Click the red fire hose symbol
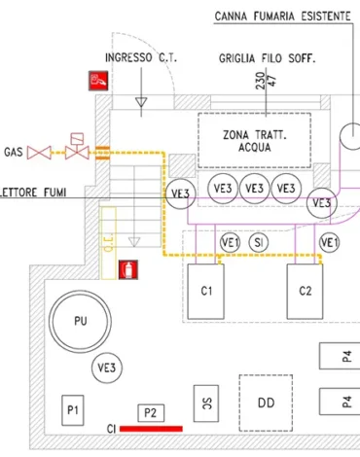tap(98, 82)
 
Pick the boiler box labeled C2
tap(306, 291)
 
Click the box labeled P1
tap(72, 412)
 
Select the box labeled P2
tap(150, 413)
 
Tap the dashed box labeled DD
tap(265, 401)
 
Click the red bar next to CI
tap(152, 428)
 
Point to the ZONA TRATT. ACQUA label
tap(254, 142)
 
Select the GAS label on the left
tap(13, 153)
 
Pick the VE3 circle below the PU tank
tap(106, 368)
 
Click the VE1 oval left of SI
tap(231, 242)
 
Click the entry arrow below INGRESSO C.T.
tap(140, 100)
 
